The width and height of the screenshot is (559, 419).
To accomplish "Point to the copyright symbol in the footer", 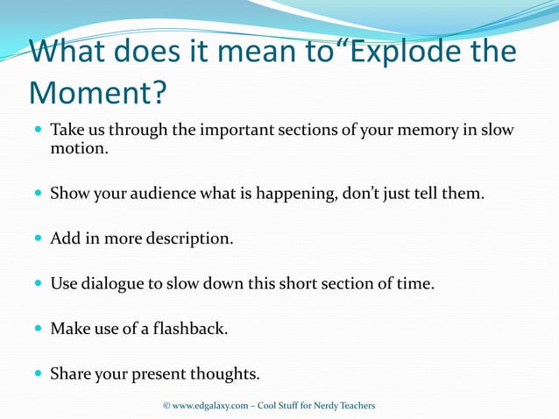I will [x=166, y=406].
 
